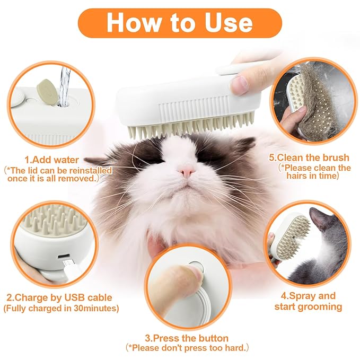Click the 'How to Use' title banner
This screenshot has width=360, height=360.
(x=179, y=23)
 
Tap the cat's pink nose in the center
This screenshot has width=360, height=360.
(x=187, y=171)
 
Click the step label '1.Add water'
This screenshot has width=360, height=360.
(x=51, y=159)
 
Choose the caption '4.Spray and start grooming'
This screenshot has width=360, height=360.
(x=308, y=301)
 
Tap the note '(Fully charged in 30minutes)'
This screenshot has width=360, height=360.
(x=62, y=308)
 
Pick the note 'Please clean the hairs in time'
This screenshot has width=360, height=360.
(x=315, y=172)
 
